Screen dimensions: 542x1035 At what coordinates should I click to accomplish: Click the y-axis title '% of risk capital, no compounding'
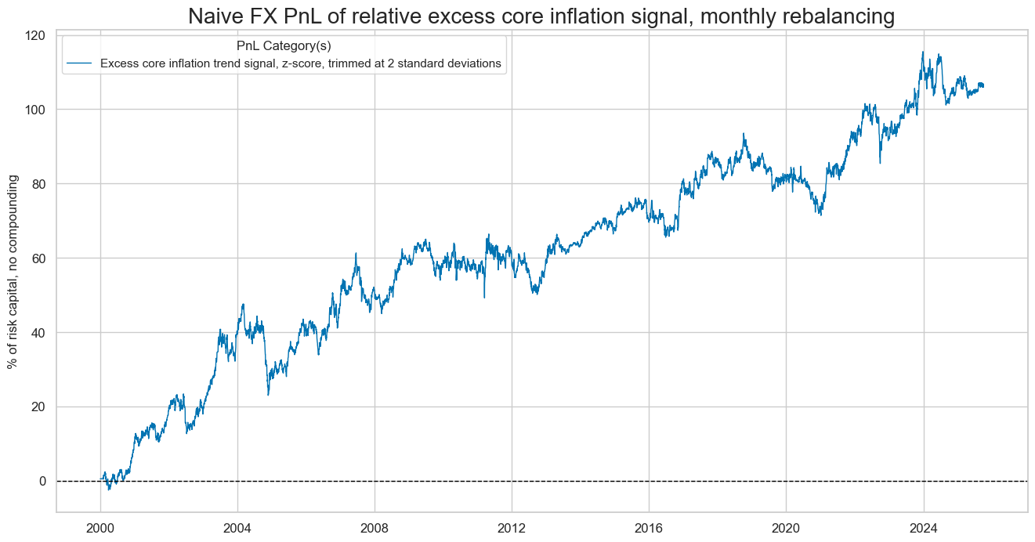point(13,272)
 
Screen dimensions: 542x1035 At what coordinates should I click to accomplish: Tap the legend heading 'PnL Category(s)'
point(284,45)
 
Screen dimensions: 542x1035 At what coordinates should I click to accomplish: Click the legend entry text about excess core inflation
point(300,64)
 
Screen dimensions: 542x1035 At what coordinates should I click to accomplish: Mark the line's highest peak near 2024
point(922,52)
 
